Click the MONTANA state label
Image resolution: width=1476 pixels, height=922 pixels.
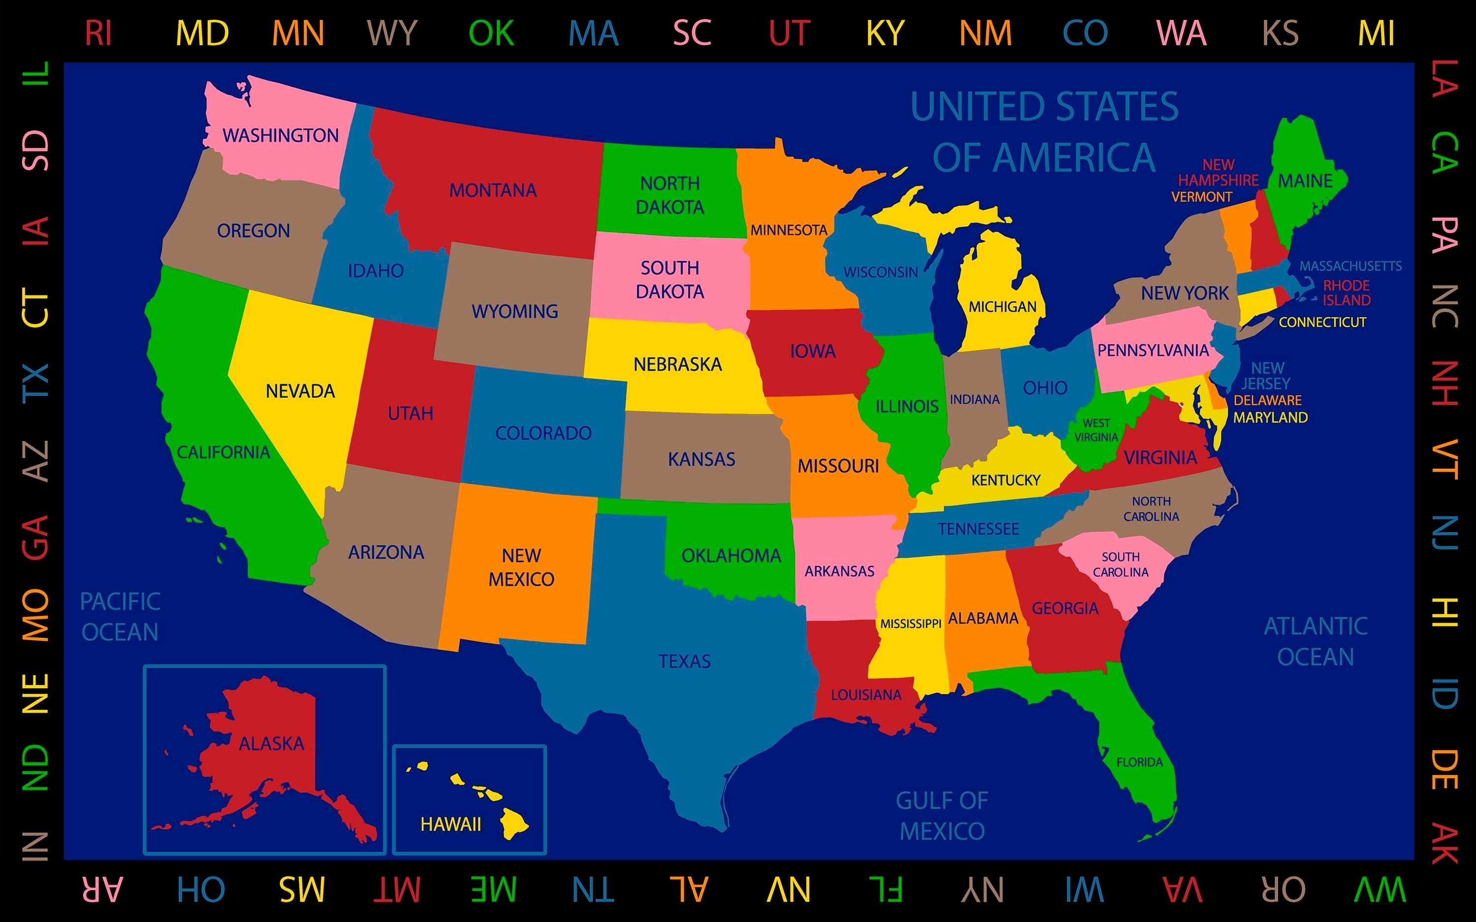(x=493, y=190)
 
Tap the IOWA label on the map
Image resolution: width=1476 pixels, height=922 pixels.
(x=812, y=351)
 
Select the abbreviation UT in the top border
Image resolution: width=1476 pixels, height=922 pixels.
(x=789, y=33)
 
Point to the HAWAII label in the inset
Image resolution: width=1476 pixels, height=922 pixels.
(x=451, y=825)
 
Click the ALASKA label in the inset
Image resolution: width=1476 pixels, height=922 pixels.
(x=272, y=744)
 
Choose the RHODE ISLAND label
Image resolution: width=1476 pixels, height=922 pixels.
(x=1346, y=293)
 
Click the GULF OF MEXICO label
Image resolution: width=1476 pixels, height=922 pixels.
(x=942, y=815)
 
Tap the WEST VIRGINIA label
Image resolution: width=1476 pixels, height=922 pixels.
(x=1096, y=430)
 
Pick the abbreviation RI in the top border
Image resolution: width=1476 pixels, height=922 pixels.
(x=98, y=33)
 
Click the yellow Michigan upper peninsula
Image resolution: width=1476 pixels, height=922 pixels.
(x=933, y=210)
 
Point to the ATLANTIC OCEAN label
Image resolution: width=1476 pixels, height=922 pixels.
(x=1316, y=642)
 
